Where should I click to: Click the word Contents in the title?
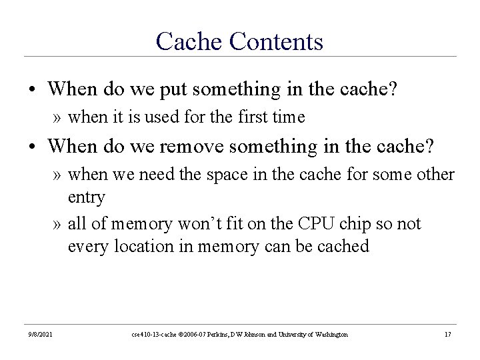click(276, 41)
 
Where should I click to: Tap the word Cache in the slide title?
click(189, 41)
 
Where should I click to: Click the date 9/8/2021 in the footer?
click(41, 334)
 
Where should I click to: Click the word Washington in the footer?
click(328, 334)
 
